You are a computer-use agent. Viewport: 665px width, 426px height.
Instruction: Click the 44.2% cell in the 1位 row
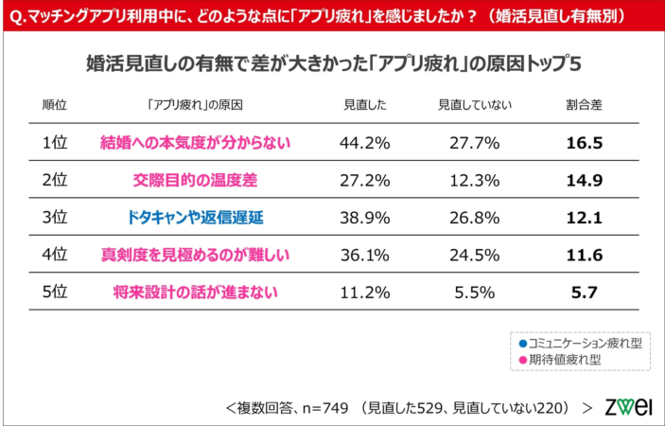(x=360, y=143)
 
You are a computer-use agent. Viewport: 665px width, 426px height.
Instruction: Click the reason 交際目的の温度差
(x=194, y=180)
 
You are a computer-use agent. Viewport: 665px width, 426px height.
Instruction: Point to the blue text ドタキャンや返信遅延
(x=194, y=217)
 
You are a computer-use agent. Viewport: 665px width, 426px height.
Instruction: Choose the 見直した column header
(x=360, y=104)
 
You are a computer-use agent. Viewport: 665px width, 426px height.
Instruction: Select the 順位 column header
(x=56, y=104)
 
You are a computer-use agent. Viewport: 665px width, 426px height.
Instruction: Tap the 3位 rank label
(x=56, y=217)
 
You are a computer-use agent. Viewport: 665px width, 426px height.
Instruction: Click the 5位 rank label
(x=56, y=292)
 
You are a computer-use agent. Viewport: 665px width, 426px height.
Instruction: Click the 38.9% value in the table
(x=360, y=217)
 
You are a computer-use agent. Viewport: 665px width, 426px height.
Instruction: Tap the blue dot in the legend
(x=523, y=343)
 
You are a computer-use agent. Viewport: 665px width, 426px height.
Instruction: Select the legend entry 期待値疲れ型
(x=573, y=360)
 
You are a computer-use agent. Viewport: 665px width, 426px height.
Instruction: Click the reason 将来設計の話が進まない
(x=194, y=292)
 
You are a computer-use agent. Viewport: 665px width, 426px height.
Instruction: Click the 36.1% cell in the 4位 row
(x=360, y=255)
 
